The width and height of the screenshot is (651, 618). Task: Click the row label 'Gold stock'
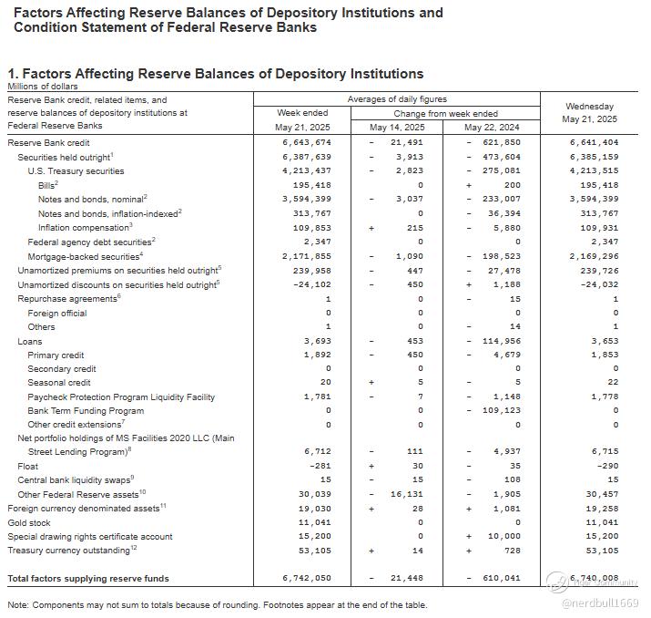click(30, 522)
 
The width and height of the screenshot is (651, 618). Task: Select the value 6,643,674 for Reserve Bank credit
click(307, 143)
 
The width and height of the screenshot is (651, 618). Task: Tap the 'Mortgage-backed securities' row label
click(79, 256)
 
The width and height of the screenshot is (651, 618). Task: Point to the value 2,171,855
click(307, 256)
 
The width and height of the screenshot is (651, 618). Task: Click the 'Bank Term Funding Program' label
click(86, 410)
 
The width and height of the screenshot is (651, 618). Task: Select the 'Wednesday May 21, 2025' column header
click(589, 113)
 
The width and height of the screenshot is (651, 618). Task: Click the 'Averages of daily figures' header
click(396, 98)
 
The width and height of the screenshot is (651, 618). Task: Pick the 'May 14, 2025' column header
click(397, 128)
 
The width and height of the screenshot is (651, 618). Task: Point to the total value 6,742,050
click(307, 578)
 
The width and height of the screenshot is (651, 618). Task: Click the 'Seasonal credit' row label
click(59, 383)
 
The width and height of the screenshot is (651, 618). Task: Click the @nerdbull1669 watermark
click(600, 603)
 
